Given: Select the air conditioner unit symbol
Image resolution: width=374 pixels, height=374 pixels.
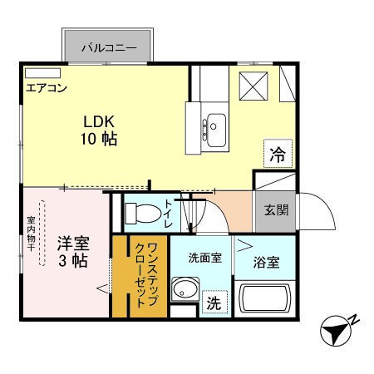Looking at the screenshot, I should coord(42,74).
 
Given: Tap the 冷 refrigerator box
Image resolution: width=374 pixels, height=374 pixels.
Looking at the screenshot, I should coord(277,153).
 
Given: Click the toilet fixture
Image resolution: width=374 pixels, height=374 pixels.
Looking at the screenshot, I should coord(142,211).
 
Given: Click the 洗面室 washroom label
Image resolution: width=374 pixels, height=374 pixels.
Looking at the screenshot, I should coord(204,258).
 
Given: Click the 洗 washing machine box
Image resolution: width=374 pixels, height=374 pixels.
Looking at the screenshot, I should coord(214,303).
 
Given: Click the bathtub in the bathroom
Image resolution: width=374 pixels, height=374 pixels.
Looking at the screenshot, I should coord(266,298).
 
